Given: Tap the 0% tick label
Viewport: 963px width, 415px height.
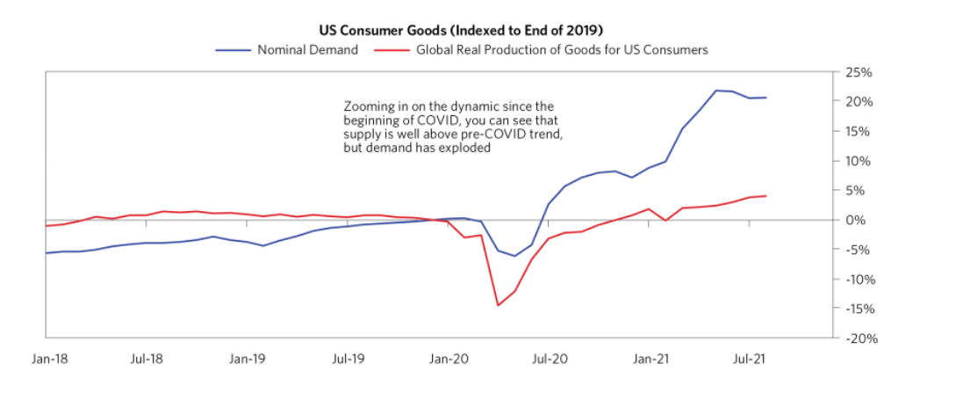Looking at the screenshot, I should pos(859,220).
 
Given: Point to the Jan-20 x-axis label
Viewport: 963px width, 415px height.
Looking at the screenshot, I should pos(449,359).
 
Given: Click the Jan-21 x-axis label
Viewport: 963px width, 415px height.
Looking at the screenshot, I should pos(650,359).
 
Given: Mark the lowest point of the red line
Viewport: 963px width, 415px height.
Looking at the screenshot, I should pos(498,305).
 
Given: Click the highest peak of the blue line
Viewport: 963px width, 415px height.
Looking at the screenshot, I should pos(716,91).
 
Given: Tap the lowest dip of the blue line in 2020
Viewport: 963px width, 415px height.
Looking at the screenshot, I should pos(514,256).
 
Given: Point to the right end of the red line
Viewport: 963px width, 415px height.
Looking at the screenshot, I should pos(766,195).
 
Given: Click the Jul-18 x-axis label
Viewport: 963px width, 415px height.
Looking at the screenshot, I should pos(147,359).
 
